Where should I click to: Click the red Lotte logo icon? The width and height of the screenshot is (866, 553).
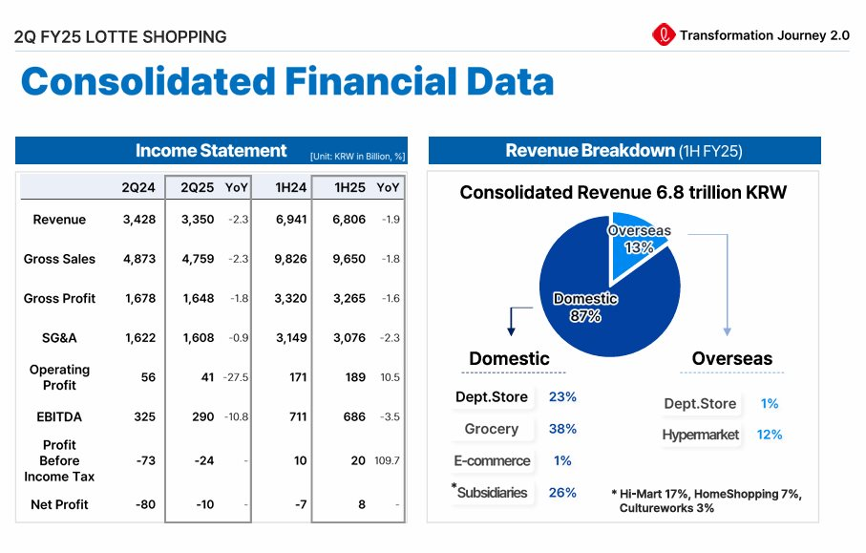point(663,35)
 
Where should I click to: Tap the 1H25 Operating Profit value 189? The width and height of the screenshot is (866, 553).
point(355,377)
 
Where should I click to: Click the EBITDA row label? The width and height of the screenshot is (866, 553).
point(59,416)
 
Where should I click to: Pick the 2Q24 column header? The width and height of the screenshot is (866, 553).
point(138,187)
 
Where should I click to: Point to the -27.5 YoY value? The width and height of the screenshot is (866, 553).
point(236,377)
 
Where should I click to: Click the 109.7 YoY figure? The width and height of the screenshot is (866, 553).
point(388,460)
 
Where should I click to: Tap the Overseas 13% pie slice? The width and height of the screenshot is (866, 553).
point(637,239)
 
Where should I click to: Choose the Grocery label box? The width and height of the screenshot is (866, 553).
point(492,429)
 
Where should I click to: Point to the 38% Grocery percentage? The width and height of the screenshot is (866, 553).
point(562,429)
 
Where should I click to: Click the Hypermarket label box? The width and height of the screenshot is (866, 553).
point(701,435)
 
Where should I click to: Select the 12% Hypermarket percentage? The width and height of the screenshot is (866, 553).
point(770,435)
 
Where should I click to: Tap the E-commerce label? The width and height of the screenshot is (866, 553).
point(492,460)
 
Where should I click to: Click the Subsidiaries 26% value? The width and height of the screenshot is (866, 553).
point(562,493)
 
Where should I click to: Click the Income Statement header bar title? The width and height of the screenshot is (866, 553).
point(211,151)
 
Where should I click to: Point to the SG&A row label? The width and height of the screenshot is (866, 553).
point(59,337)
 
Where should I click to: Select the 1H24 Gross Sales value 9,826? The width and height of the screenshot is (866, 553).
point(290,259)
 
